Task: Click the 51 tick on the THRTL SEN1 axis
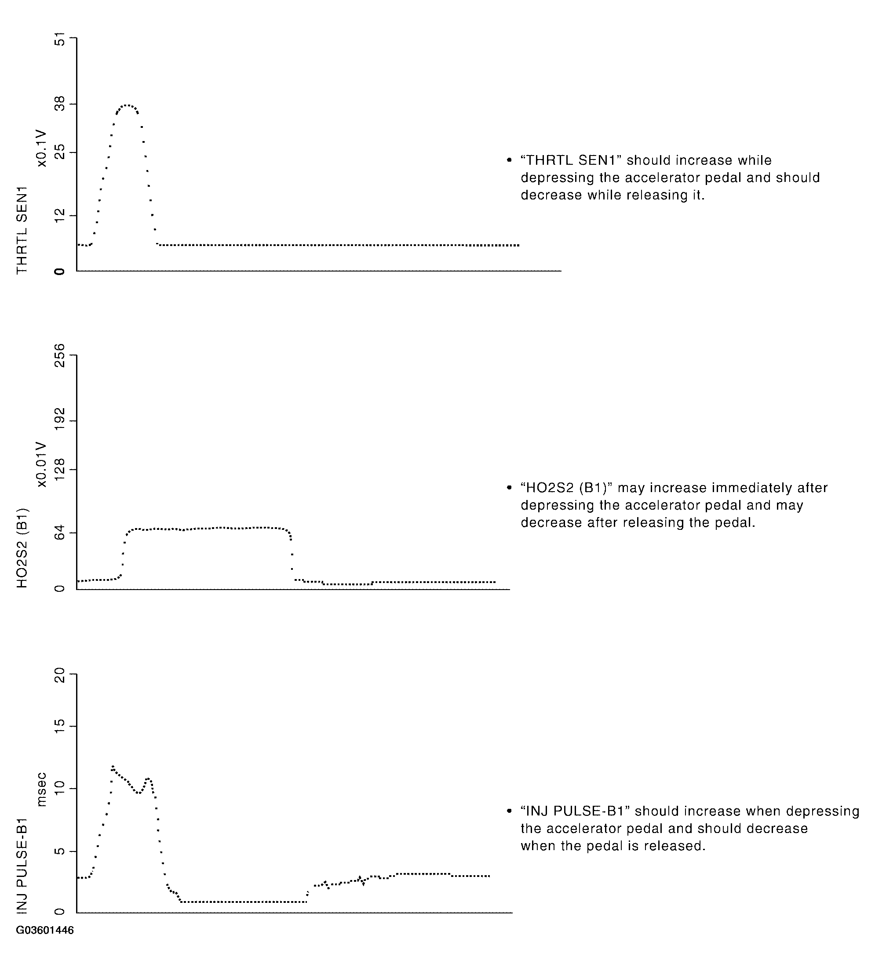point(59,38)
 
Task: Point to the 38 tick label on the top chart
point(59,104)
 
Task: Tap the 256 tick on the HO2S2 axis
point(59,355)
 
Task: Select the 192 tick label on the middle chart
point(59,420)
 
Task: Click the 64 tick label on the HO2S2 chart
point(59,532)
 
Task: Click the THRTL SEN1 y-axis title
point(22,230)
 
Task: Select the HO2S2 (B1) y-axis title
point(22,547)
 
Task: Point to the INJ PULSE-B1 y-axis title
point(22,864)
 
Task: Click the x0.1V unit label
point(42,148)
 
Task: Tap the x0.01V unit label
point(42,464)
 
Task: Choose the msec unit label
point(42,789)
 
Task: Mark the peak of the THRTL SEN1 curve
point(126,105)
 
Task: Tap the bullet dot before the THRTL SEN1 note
point(509,160)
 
